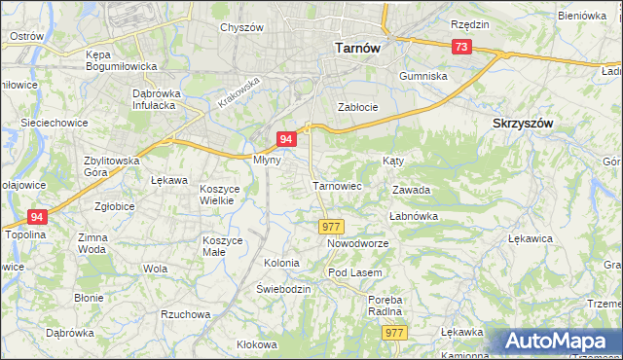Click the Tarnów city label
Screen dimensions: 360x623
tap(356, 47)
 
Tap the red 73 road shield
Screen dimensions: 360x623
tap(461, 48)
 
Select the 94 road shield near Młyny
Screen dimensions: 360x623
tap(286, 140)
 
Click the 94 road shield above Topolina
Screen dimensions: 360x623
tap(37, 217)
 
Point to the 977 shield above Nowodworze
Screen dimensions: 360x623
tap(330, 226)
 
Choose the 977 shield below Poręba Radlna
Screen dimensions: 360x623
tap(394, 333)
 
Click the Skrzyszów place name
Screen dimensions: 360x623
tap(523, 124)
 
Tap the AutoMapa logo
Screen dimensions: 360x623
tap(558, 342)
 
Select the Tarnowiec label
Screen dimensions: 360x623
tap(337, 184)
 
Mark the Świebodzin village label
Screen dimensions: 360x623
tap(283, 290)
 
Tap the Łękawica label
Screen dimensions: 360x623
tap(531, 237)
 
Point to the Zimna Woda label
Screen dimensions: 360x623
tap(92, 243)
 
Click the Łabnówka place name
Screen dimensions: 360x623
tap(414, 216)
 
